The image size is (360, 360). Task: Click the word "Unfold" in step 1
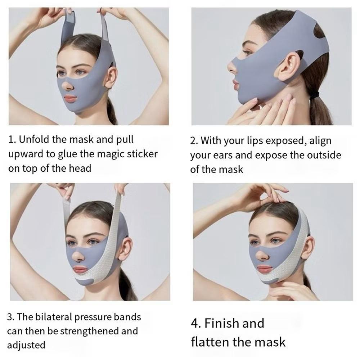point(34,139)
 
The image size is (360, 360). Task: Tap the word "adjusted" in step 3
point(26,346)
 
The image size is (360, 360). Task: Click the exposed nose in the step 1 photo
point(68,85)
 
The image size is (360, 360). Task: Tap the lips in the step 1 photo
point(70,99)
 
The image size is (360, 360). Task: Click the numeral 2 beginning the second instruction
point(192,141)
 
